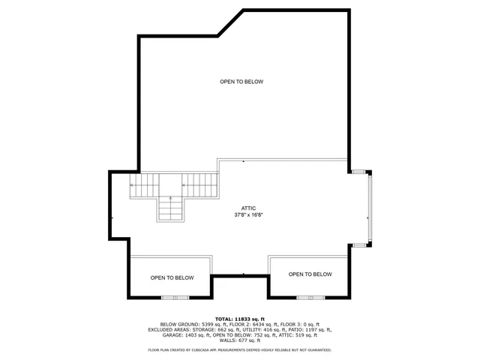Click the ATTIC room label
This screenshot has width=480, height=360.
[248, 208]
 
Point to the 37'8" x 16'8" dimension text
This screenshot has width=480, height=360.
[248, 215]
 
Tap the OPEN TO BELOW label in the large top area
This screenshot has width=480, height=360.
[241, 82]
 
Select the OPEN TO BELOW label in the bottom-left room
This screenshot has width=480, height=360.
[172, 277]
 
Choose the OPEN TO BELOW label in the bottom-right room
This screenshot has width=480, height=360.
[310, 274]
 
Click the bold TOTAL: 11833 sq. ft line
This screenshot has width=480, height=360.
[239, 319]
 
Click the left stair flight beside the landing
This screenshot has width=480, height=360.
[145, 184]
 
